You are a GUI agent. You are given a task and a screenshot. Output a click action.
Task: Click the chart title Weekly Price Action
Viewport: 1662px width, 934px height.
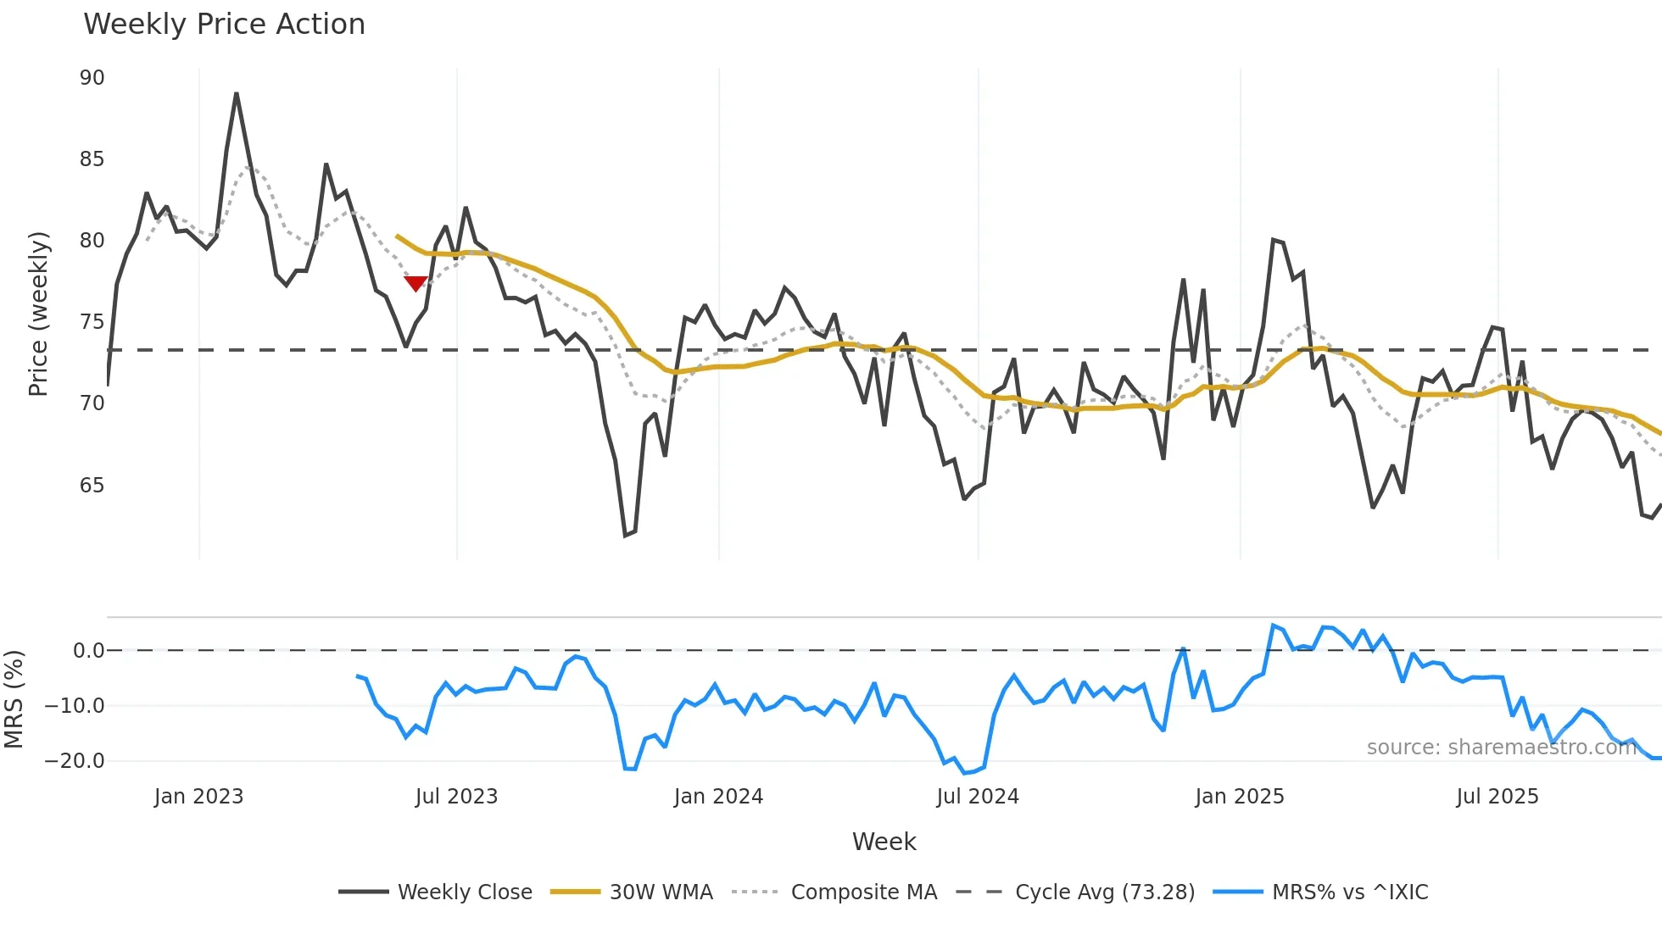coord(224,25)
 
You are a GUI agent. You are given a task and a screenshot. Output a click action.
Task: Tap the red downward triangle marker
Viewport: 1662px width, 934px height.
coord(415,283)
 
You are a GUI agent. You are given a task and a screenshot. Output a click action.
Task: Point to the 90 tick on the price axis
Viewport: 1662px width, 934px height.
coord(92,78)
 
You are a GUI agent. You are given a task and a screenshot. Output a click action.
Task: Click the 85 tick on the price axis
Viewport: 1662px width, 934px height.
coord(92,159)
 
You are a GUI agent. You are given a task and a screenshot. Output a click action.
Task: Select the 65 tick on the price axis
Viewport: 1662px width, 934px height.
coord(92,486)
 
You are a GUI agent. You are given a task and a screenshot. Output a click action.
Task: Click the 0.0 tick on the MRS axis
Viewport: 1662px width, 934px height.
coord(88,651)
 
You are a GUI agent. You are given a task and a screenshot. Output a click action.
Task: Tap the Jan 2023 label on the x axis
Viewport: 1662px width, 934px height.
coord(198,797)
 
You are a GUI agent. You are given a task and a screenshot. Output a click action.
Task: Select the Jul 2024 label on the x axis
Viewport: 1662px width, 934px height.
coord(978,797)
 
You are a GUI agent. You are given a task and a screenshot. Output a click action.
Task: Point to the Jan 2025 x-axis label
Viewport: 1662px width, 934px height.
coord(1239,797)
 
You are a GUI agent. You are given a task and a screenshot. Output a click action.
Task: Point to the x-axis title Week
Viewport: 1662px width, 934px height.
coord(884,842)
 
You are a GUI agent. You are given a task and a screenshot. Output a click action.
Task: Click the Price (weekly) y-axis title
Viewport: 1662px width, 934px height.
coord(38,314)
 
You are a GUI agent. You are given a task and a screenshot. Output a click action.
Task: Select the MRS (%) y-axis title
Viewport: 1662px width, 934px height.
coord(14,699)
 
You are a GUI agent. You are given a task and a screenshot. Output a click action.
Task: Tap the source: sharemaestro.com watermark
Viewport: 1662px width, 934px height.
coord(1501,748)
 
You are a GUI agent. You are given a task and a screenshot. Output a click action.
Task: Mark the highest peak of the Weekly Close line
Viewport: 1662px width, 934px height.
coord(237,94)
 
